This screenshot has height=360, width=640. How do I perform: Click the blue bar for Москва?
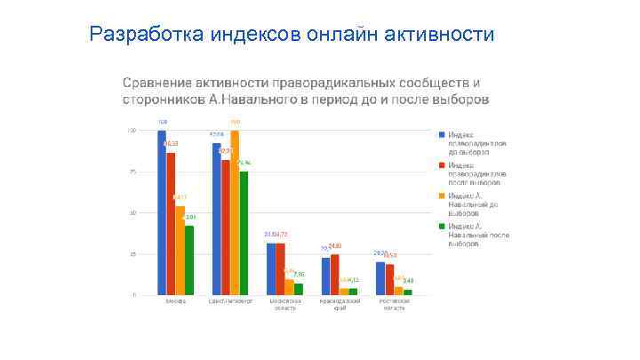point(162,212)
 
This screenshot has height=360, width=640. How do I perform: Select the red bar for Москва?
point(171,223)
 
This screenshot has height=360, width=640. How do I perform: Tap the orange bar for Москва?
point(180,250)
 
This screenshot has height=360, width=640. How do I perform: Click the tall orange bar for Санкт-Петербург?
point(235,212)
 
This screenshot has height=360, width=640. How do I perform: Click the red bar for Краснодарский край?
point(334,274)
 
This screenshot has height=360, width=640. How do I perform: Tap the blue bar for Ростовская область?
point(380,278)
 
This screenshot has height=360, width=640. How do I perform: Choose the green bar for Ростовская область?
point(408,292)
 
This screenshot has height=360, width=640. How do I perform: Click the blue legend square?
point(441,134)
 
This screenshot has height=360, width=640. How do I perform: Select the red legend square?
point(441,165)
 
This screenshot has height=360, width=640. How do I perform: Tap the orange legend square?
point(441,196)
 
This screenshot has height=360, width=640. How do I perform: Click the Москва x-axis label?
point(175,301)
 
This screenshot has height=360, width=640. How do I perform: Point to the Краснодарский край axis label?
point(340,305)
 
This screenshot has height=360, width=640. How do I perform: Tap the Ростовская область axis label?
point(394,305)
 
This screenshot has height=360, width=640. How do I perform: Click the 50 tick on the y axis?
point(133,213)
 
